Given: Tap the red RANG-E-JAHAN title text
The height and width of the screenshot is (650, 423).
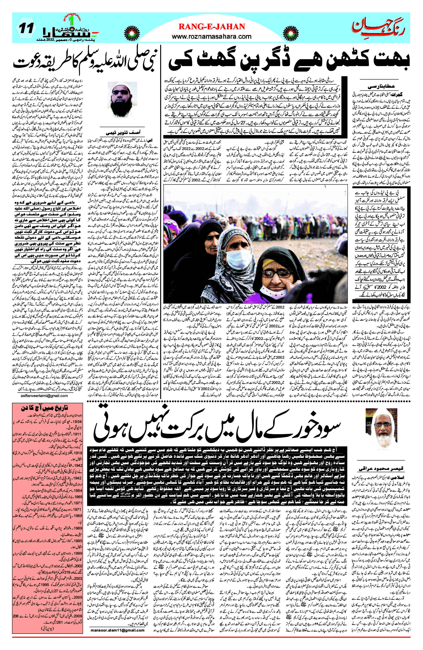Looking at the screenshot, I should point(212,26).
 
